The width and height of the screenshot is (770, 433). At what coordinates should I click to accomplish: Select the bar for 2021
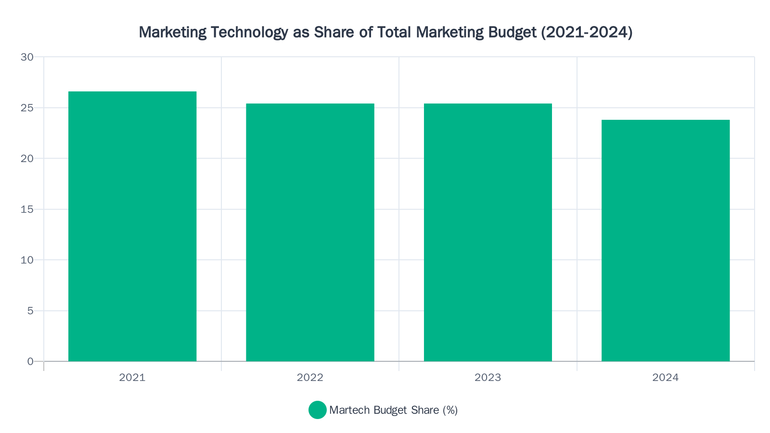tap(132, 226)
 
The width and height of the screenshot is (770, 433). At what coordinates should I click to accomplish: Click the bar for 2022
tap(310, 232)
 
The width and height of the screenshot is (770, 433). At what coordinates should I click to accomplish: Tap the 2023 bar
tap(488, 232)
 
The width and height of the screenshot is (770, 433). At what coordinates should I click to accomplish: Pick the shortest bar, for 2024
tap(666, 241)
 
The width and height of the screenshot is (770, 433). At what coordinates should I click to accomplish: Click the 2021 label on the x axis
tap(132, 378)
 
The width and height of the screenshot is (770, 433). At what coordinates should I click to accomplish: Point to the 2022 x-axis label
tap(310, 378)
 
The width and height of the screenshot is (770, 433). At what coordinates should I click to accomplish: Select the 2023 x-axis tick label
tap(488, 378)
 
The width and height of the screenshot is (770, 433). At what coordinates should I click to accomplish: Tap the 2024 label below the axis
tap(666, 378)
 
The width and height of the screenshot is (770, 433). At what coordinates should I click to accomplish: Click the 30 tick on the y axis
tap(27, 57)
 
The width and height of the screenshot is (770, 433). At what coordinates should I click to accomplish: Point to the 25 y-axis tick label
tap(27, 108)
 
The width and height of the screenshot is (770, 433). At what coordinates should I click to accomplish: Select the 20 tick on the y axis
tap(27, 158)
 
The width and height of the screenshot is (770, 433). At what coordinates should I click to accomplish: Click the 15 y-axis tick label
tap(27, 209)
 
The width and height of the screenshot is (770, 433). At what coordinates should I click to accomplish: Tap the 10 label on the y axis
tap(27, 260)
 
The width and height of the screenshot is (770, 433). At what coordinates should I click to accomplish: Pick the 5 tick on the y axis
tap(30, 311)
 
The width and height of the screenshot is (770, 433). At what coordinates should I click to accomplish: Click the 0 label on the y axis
tap(30, 361)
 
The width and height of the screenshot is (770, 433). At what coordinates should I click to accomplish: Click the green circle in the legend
tap(318, 410)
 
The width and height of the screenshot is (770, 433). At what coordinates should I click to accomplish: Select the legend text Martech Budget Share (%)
tap(393, 410)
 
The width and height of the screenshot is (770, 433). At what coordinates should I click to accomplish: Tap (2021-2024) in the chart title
tap(587, 32)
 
